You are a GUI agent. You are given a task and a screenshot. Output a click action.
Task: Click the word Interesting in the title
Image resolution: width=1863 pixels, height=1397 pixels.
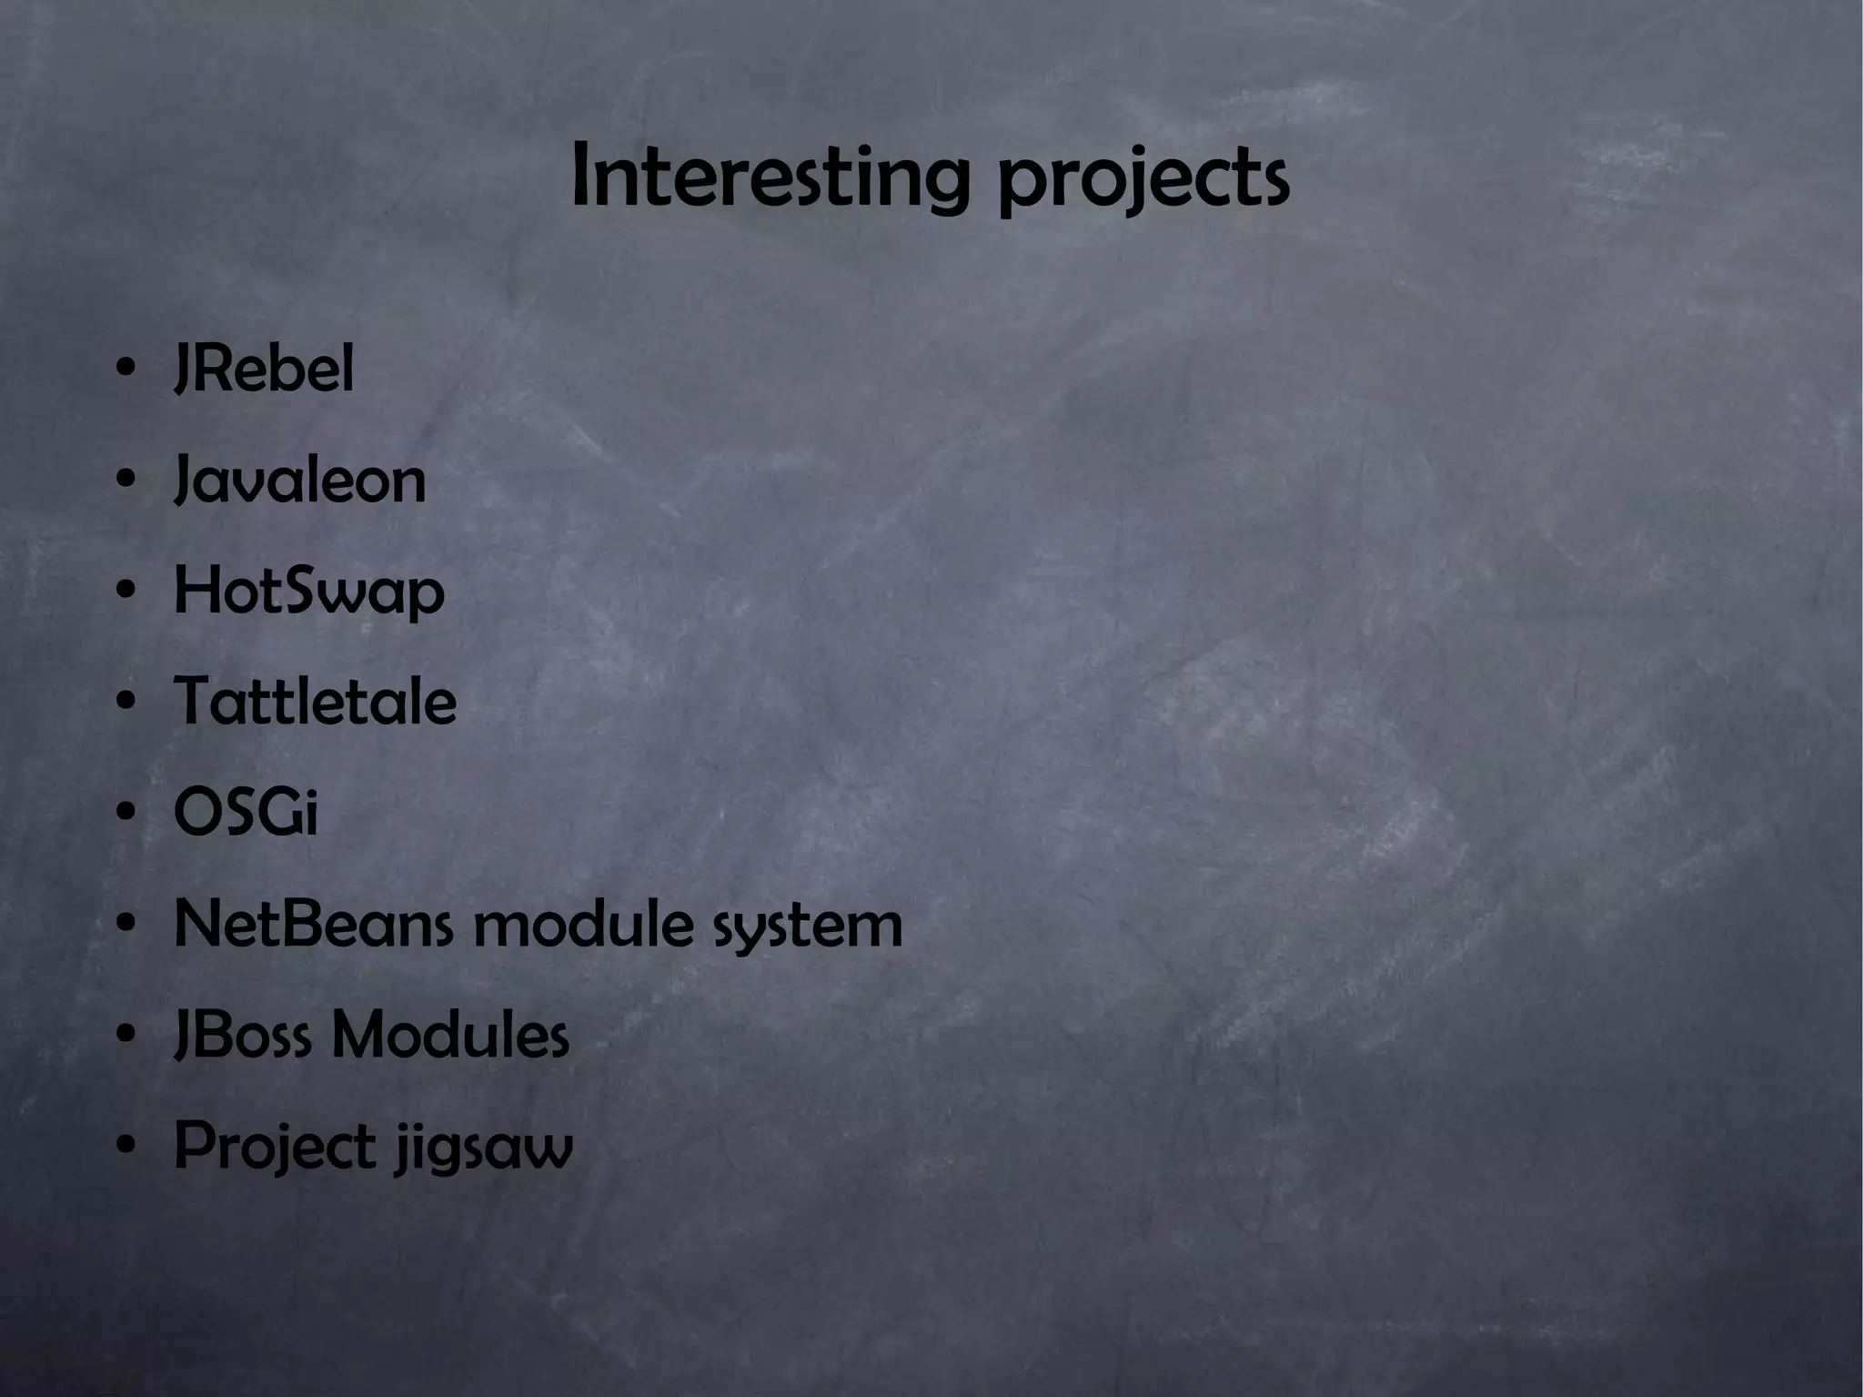pos(769,177)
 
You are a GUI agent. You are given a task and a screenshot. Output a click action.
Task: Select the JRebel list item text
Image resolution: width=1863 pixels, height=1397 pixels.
pos(264,370)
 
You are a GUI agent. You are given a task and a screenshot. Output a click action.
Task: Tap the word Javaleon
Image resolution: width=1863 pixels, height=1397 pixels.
pos(299,481)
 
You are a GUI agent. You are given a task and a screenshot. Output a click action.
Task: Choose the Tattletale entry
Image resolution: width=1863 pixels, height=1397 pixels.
pos(315,702)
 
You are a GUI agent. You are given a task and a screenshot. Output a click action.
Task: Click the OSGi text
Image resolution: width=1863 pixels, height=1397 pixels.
pos(246,813)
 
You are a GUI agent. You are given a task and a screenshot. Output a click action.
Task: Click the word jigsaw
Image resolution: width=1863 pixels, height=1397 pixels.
pos(484,1149)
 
